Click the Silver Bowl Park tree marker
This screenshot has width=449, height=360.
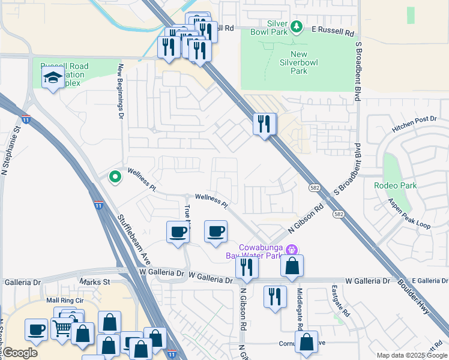[296, 26]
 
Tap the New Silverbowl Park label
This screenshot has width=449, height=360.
[298, 62]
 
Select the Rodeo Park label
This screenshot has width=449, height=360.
[395, 185]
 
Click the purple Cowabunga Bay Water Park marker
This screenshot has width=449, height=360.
[292, 249]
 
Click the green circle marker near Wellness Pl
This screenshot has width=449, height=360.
[114, 176]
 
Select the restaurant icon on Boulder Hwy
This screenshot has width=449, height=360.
[264, 124]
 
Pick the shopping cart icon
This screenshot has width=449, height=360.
[62, 328]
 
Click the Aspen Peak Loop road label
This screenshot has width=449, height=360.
[409, 214]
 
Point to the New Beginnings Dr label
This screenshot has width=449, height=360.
[121, 90]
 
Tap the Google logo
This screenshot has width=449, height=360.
[20, 353]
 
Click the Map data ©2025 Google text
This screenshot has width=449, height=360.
[411, 355]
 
